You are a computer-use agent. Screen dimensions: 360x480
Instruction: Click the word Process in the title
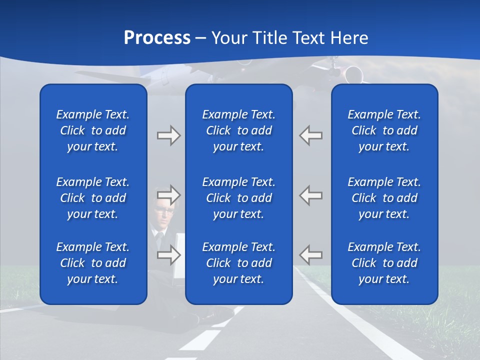157,38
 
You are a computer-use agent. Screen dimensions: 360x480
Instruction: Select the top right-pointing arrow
168,135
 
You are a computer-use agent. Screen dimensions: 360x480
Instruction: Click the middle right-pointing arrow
168,195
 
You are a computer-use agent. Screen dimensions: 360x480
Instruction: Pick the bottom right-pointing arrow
168,255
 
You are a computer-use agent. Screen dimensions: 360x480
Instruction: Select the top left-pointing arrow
311,135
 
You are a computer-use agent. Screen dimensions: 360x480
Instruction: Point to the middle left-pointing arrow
311,195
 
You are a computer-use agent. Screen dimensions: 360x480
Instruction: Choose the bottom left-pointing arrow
311,255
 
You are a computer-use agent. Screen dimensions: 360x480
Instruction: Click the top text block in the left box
93,130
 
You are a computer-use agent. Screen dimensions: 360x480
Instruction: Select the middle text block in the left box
93,198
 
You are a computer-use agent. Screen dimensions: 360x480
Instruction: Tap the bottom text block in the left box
93,263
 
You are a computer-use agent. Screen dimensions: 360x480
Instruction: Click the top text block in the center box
239,130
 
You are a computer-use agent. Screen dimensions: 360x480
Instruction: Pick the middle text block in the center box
239,198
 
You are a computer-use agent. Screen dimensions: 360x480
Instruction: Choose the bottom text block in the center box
239,263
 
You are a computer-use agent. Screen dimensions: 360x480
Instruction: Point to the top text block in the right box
384,130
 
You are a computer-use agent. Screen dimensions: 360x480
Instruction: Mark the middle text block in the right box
384,198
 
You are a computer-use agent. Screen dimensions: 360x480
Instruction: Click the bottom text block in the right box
384,263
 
